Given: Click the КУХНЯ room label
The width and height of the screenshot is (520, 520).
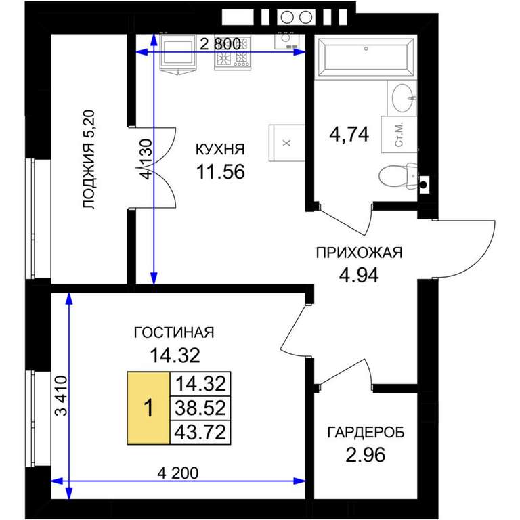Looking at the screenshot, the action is (220, 150).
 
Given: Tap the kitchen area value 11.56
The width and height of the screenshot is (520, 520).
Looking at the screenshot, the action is (221, 172).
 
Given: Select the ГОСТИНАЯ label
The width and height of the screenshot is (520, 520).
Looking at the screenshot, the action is (174, 332).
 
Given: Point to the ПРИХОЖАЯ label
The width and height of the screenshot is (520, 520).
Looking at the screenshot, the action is (359, 253).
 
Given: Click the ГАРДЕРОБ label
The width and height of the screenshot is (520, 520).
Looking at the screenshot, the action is (366, 433).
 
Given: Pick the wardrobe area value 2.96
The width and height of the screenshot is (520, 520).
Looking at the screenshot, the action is (366, 455).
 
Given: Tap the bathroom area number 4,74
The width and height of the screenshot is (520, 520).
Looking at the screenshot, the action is (349, 135).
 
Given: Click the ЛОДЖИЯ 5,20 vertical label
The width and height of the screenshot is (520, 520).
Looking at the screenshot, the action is (89, 159).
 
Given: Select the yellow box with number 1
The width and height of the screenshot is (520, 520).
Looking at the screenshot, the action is (148, 408).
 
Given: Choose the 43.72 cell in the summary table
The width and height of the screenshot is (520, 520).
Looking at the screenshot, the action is (200, 432).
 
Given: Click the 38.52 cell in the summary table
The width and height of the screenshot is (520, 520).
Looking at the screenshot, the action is (200, 408).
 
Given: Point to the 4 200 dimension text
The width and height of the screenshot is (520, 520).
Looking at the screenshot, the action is (178, 473).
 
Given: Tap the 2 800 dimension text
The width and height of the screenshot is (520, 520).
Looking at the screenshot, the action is (220, 44).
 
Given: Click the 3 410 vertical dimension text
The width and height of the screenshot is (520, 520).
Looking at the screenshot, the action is (62, 395).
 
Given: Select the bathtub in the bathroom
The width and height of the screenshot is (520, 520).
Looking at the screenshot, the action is (366, 58).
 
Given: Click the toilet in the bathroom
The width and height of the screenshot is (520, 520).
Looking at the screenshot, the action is (397, 176).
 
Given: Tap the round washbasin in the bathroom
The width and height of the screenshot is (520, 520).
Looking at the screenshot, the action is (403, 97).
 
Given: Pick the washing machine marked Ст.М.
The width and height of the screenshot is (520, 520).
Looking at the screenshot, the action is (399, 135).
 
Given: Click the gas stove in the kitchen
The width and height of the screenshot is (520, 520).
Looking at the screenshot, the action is (232, 52).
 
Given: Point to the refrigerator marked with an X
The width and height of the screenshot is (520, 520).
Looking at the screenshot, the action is (287, 143).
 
